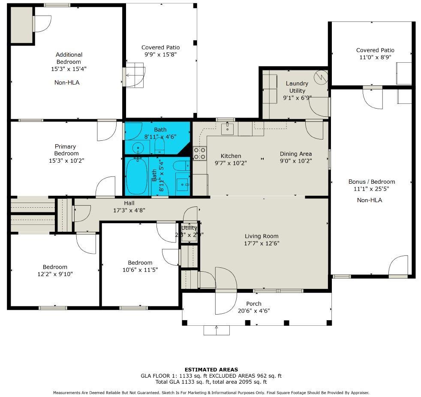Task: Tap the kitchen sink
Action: click(227, 129)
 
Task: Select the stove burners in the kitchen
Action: click(200, 154)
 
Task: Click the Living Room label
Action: click(261, 236)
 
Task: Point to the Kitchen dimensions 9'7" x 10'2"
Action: click(231, 163)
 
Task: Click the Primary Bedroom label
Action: click(66, 150)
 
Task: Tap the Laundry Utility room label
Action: click(297, 87)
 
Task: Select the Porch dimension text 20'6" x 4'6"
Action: click(254, 311)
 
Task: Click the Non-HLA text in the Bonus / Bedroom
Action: click(370, 200)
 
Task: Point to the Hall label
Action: click(129, 203)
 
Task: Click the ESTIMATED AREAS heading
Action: click(211, 370)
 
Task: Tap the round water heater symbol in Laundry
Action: click(321, 77)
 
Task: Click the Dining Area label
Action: click(296, 154)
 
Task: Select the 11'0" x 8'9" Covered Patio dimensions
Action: click(375, 57)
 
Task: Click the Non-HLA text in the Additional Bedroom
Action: click(67, 82)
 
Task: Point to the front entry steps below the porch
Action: click(217, 330)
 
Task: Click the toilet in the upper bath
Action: click(159, 145)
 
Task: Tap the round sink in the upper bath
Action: click(138, 147)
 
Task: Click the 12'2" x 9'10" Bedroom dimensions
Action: click(55, 274)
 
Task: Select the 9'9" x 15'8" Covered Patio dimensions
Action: click(160, 55)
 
